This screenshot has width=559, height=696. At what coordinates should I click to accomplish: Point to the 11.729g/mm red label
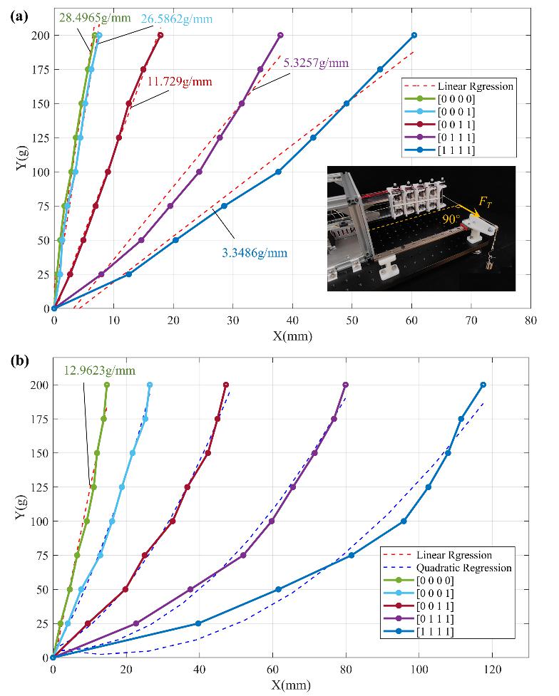[180, 82]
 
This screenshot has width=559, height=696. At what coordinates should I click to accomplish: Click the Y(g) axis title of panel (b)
[20, 520]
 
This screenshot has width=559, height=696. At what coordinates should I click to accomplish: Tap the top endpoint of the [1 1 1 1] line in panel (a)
[414, 35]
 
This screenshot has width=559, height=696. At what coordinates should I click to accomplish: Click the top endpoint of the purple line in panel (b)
[346, 385]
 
